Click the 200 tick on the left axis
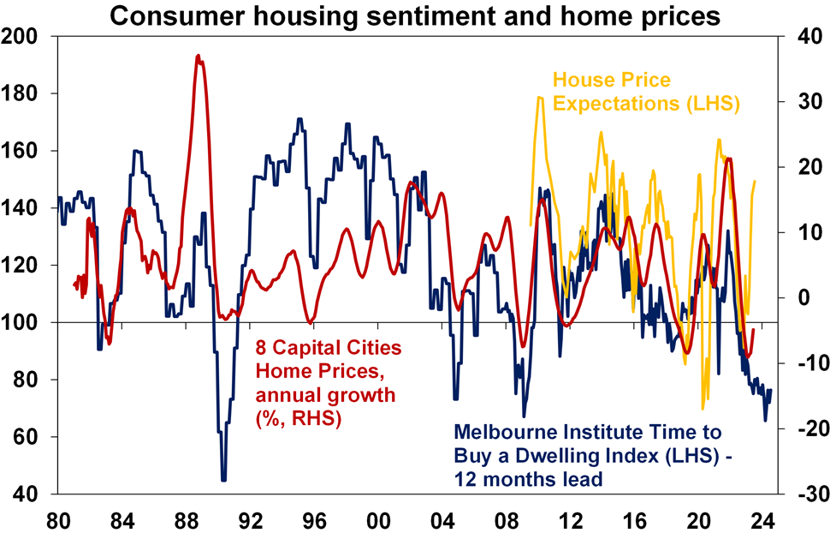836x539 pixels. (x=26, y=36)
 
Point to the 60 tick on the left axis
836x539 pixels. (x=31, y=437)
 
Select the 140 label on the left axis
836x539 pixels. (x=26, y=208)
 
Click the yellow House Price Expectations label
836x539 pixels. (x=646, y=93)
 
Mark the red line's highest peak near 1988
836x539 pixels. (x=198, y=56)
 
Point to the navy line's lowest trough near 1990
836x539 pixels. (x=224, y=480)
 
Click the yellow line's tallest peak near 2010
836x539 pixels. (x=540, y=98)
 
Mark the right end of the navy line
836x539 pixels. (x=770, y=390)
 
